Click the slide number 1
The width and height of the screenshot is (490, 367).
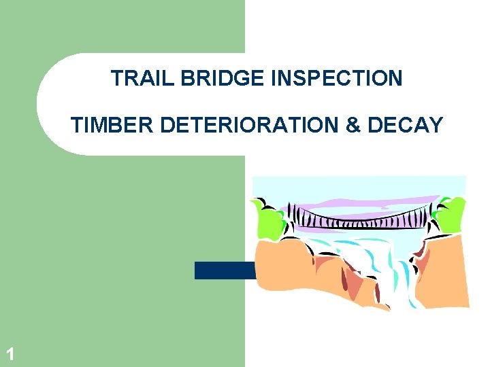click(10, 353)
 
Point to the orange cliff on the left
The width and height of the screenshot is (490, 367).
click(293, 272)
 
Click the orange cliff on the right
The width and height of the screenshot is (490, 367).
click(442, 272)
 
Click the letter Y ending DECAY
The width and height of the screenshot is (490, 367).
click(436, 125)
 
